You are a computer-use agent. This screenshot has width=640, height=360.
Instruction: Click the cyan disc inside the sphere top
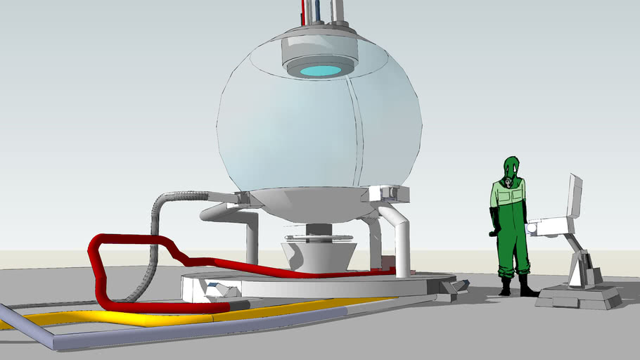pyautogui.click(x=321, y=70)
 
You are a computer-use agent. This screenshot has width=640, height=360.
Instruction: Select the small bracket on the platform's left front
pyautogui.click(x=218, y=288)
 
